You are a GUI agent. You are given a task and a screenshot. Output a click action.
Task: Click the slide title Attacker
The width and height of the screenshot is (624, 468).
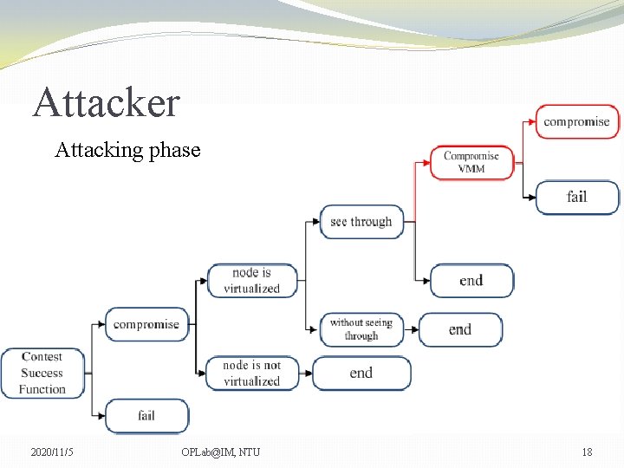[106, 103]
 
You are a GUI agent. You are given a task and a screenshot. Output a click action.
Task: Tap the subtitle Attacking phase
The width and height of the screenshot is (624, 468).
[127, 150]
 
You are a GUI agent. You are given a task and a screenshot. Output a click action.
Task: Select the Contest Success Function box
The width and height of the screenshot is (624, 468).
[42, 373]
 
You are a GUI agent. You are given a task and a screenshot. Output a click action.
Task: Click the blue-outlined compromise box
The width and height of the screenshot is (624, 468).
[146, 324]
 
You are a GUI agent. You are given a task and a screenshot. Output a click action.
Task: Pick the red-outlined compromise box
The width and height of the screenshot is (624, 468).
[576, 121]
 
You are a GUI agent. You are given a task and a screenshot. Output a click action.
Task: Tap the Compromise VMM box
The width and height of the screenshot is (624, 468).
[471, 162]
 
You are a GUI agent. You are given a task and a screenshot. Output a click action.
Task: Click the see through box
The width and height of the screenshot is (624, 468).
[361, 222]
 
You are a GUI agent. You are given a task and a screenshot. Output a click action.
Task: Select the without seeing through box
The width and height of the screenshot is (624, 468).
[361, 329]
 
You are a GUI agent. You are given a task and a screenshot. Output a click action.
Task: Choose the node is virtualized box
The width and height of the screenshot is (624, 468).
[251, 281]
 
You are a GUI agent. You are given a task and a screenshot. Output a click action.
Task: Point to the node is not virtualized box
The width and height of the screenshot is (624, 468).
[251, 374]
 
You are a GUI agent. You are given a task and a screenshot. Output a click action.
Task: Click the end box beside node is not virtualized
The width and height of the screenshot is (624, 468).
[361, 374]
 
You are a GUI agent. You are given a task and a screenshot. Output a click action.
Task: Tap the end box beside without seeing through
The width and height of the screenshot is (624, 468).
[460, 329]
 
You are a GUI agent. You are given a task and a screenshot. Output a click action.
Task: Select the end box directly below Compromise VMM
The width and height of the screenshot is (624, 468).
[471, 281]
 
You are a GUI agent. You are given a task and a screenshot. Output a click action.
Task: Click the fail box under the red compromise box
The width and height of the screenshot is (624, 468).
[577, 197]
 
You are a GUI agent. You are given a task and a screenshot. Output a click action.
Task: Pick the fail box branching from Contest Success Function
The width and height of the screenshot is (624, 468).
[146, 416]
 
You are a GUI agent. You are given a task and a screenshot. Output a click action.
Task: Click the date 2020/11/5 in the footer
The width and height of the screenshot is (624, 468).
[53, 452]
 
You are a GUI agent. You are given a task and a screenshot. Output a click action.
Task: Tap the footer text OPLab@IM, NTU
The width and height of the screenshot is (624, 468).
[221, 452]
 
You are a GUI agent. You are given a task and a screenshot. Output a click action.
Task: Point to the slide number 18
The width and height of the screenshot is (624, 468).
[587, 452]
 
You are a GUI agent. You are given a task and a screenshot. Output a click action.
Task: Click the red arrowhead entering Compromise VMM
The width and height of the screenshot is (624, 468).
[426, 162]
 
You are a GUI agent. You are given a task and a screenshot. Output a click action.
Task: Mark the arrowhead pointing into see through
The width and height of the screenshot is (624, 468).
[315, 222]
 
